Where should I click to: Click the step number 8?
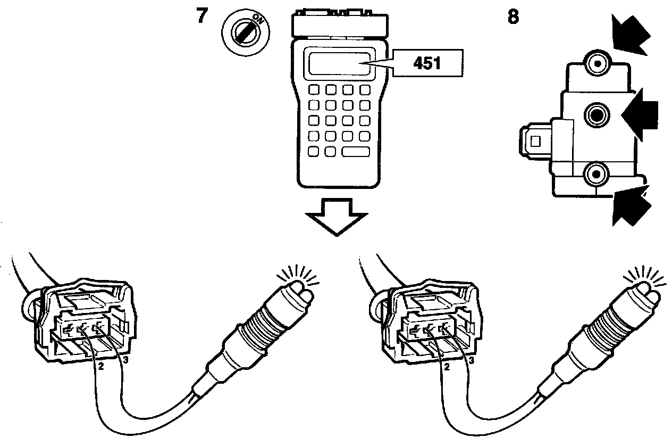pyautogui.click(x=514, y=16)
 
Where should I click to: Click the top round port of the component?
pyautogui.click(x=598, y=64)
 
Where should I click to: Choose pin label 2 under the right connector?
pyautogui.click(x=446, y=367)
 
